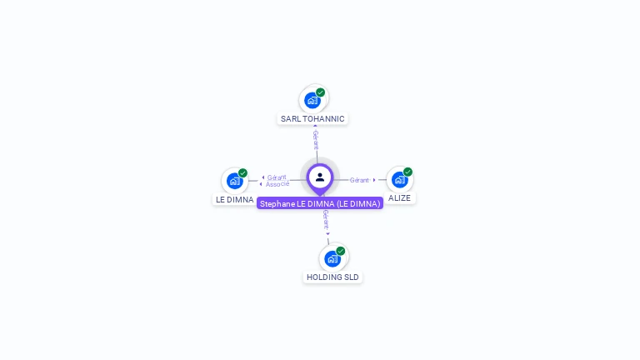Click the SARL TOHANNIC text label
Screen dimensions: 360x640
(x=312, y=119)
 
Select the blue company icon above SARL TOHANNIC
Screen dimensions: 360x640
(x=312, y=100)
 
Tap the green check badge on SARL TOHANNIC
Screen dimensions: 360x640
(x=321, y=92)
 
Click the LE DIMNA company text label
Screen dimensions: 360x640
(x=234, y=200)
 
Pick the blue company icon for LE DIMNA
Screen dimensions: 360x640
(x=234, y=181)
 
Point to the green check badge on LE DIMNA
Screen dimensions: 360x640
(x=242, y=173)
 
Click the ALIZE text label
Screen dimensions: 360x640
(x=399, y=198)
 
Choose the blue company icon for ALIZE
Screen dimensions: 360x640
(x=399, y=179)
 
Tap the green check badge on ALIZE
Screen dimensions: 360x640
(x=407, y=172)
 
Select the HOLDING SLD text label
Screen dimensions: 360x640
(x=332, y=277)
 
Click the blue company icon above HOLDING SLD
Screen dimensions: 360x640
(x=332, y=258)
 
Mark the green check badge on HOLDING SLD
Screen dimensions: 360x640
(x=341, y=251)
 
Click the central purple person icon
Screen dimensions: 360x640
(x=320, y=177)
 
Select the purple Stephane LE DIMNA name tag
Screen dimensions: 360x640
(x=320, y=203)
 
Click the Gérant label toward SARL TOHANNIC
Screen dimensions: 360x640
(x=316, y=140)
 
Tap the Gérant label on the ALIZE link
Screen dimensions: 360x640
(x=359, y=180)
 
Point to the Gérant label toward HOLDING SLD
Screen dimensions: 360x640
(x=326, y=220)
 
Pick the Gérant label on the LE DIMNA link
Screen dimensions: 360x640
(x=277, y=177)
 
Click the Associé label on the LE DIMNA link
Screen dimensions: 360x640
(x=277, y=184)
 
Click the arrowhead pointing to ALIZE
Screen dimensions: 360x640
(x=374, y=180)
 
